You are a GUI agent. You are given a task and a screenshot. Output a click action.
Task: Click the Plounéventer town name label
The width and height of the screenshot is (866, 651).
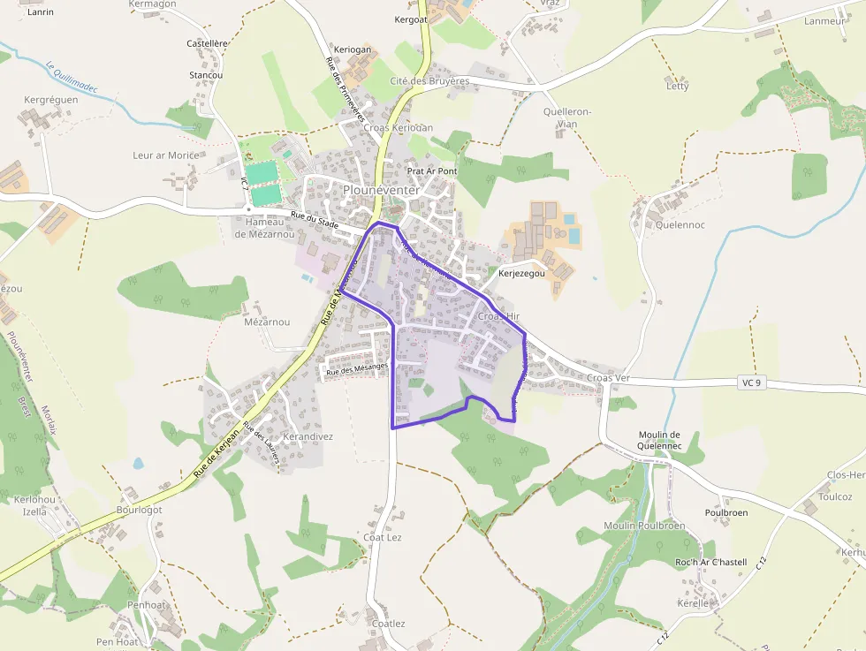[381, 190]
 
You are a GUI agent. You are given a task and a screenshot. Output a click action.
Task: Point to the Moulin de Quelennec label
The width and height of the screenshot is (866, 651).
[658, 440]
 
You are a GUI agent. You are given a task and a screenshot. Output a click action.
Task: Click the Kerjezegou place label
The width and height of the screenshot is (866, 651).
[522, 274]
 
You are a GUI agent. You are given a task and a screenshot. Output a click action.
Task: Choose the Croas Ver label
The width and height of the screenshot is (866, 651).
[608, 378]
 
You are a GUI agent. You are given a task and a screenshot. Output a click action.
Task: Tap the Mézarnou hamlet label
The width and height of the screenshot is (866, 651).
[267, 322]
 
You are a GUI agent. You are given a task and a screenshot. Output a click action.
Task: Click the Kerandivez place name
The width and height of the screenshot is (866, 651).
[308, 436]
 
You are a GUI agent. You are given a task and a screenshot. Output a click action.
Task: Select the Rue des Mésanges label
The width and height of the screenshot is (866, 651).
[357, 370]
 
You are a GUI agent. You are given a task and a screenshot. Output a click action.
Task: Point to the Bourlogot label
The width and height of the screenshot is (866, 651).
[140, 510]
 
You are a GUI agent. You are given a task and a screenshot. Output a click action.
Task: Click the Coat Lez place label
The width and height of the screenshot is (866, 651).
[383, 537]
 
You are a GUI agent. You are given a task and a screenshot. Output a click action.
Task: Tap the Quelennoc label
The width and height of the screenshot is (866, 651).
[680, 225]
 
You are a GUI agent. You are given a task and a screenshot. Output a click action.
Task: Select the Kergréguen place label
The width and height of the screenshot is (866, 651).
[51, 100]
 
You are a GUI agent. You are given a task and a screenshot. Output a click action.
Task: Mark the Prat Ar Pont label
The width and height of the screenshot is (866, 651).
[432, 170]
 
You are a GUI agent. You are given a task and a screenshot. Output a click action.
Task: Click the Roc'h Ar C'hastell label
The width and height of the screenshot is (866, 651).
[710, 562]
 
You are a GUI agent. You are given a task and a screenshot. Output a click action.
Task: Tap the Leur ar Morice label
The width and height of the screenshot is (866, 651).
[165, 155]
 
